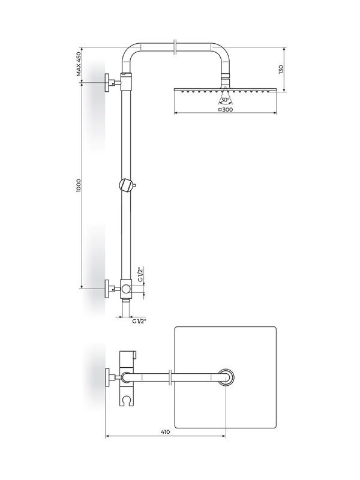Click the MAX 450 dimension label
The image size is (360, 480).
pyautogui.click(x=79, y=64)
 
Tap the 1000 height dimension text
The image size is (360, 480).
pyautogui.click(x=79, y=185)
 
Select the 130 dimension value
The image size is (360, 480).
pyautogui.click(x=281, y=69)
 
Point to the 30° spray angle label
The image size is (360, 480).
pyautogui.click(x=225, y=100)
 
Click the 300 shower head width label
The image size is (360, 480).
pyautogui.click(x=227, y=109)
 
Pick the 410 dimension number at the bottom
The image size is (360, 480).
pyautogui.click(x=166, y=432)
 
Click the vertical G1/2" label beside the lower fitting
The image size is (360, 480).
pyautogui.click(x=140, y=275)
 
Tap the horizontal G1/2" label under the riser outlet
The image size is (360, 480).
pyautogui.click(x=139, y=321)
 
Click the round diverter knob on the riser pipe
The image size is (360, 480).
pyautogui.click(x=125, y=185)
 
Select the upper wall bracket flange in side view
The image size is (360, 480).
pyautogui.click(x=107, y=82)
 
